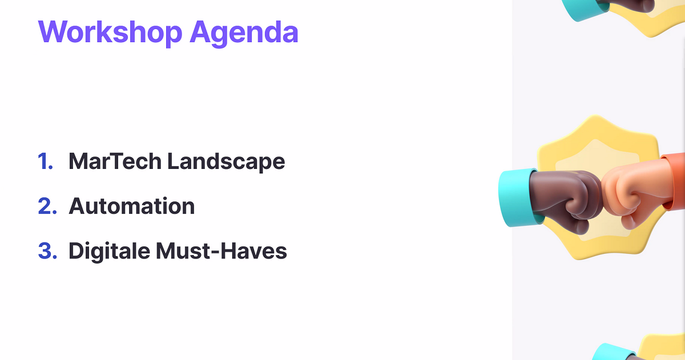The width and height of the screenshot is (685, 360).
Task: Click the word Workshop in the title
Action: (110, 32)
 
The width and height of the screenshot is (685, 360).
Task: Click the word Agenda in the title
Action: (244, 34)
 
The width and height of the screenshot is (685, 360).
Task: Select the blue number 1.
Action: (45, 161)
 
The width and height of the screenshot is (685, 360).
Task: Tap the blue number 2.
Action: (47, 206)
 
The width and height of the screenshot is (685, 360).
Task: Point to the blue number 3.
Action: (47, 251)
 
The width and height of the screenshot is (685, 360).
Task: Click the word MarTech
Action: (115, 161)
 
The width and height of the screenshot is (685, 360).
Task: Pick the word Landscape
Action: (226, 163)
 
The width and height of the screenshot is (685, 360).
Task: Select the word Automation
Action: (132, 206)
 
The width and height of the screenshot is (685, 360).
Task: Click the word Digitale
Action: (109, 252)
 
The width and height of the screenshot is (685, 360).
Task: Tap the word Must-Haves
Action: (221, 251)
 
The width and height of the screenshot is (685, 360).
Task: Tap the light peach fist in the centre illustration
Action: (633, 192)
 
